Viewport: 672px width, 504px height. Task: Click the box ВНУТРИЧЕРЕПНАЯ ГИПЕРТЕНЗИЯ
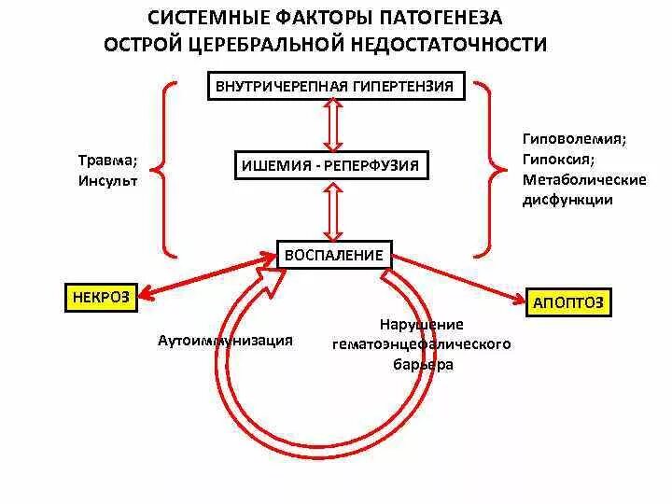(x=334, y=87)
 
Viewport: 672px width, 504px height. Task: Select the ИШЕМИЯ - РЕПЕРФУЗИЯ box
(x=331, y=167)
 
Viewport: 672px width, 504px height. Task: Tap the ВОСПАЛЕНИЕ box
(x=334, y=254)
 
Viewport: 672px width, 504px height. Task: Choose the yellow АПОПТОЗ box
(x=567, y=302)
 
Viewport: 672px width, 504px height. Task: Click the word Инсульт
(x=108, y=181)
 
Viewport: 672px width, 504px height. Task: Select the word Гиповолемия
(x=574, y=138)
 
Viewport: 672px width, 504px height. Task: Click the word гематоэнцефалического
(x=421, y=344)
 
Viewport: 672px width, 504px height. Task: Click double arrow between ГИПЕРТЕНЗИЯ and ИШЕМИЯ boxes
(x=332, y=127)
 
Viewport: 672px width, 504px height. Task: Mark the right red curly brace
(x=489, y=169)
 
